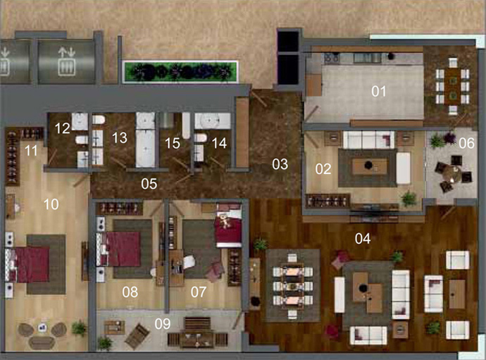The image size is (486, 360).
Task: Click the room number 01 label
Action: click(x=379, y=91)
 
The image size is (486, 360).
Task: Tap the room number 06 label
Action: click(x=466, y=143)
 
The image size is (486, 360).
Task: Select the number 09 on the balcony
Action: click(x=163, y=324)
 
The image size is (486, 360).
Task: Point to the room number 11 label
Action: click(x=31, y=151)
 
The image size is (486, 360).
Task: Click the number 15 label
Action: click(x=173, y=143)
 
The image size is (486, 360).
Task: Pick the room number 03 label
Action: click(x=280, y=164)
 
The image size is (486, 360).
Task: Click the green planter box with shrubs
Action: click(x=181, y=72)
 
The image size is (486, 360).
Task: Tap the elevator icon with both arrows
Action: click(x=67, y=61)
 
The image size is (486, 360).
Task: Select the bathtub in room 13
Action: click(x=145, y=148)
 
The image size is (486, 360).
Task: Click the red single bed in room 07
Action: click(x=228, y=225)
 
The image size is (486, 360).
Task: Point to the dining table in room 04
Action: click(x=292, y=286)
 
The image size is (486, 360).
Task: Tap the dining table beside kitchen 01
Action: click(x=453, y=86)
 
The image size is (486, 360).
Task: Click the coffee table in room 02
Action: click(x=369, y=166)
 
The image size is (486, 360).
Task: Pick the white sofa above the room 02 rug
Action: click(x=369, y=139)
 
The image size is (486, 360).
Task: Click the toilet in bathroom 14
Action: click(x=200, y=137)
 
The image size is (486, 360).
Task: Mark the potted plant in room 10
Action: click(x=79, y=328)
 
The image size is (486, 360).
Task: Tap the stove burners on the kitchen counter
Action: click(x=332, y=58)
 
